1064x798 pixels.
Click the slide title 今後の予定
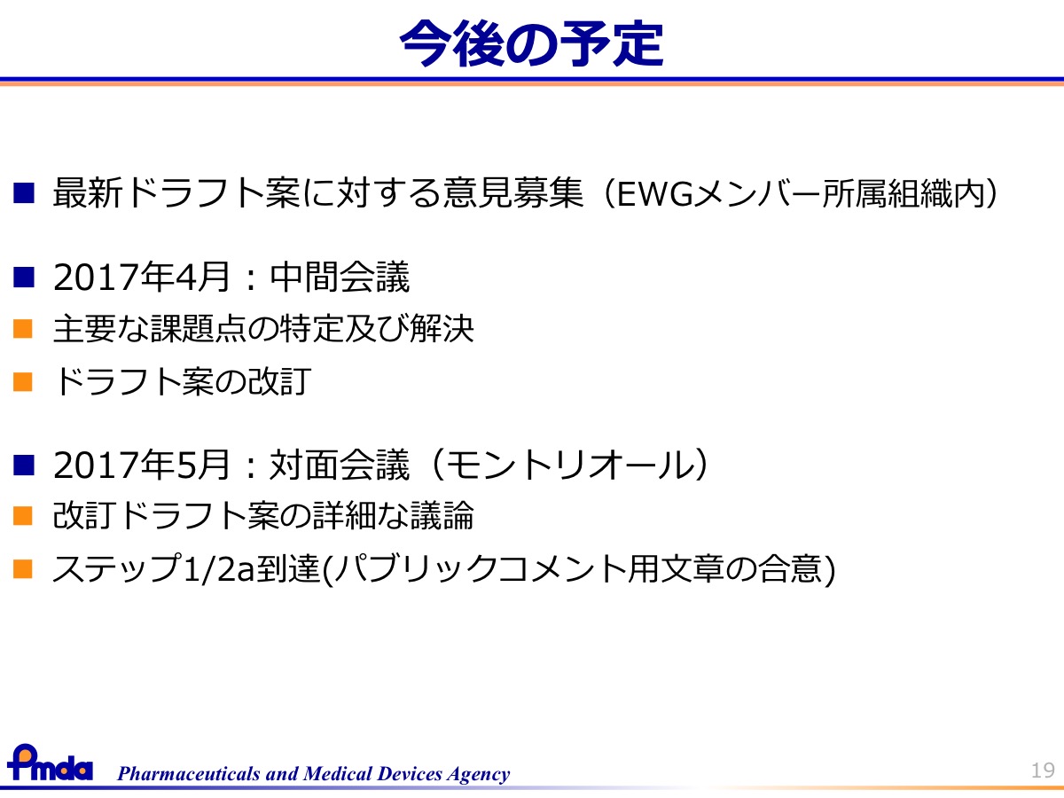(x=531, y=43)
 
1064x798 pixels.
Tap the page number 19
(x=1043, y=770)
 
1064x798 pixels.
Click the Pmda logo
(x=50, y=763)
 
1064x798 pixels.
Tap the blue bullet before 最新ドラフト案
(x=24, y=192)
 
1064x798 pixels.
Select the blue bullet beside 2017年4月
(x=24, y=278)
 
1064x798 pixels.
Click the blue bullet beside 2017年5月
(x=24, y=465)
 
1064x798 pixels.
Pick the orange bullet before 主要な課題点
(x=23, y=328)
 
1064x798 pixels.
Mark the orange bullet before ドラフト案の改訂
(x=23, y=381)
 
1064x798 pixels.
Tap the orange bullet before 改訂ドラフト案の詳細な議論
(x=23, y=515)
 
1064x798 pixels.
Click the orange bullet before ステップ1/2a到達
(x=23, y=569)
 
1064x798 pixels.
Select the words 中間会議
(x=340, y=277)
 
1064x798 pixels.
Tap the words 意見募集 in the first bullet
(x=512, y=192)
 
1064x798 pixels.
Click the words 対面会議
(x=340, y=465)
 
